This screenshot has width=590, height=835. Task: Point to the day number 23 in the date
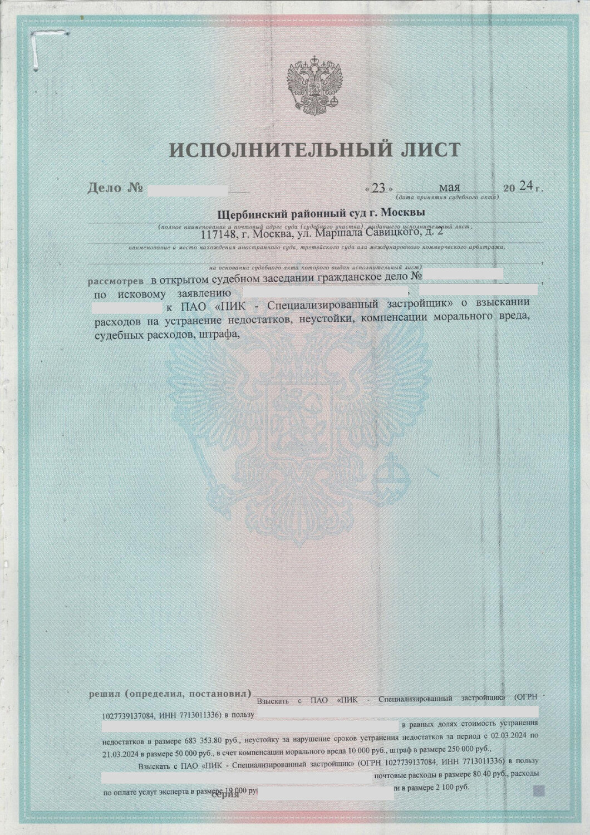378,188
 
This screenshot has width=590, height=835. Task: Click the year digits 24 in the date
525,186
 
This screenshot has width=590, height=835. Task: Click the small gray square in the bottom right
538,789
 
